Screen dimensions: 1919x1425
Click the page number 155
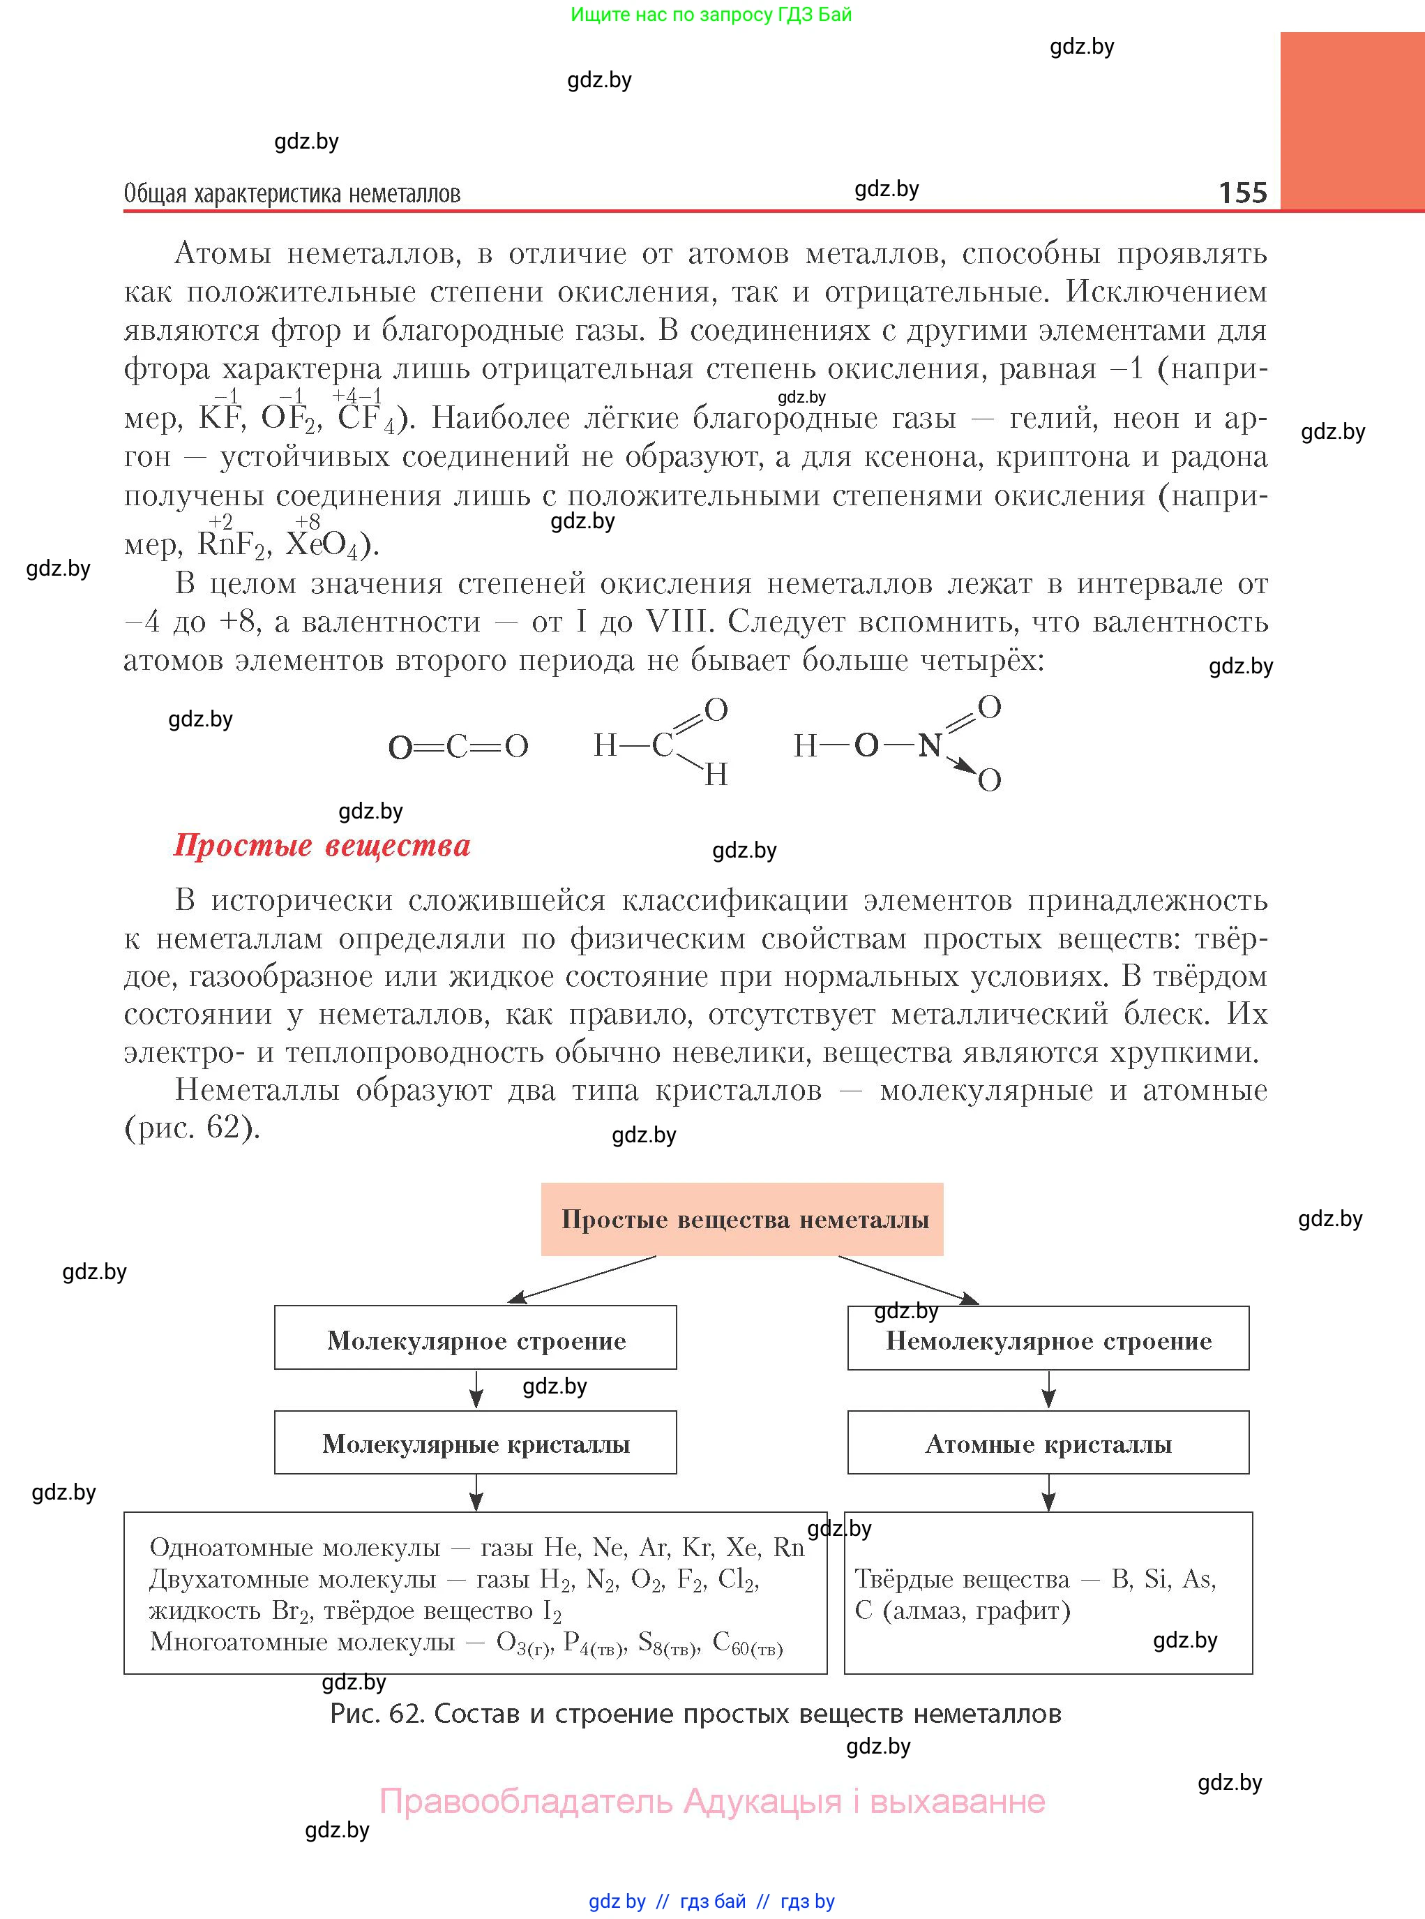coord(1242,192)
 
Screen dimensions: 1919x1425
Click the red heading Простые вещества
coord(322,845)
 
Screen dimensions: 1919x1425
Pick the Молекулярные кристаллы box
coord(475,1444)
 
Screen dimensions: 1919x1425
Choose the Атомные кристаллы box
coord(1048,1444)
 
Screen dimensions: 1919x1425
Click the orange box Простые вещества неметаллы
coord(742,1219)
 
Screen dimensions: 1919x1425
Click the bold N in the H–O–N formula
coord(929,745)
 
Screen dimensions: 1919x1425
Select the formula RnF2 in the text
coord(230,544)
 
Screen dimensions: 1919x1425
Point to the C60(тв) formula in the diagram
coord(747,1643)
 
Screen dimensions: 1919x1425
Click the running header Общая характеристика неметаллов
coord(292,193)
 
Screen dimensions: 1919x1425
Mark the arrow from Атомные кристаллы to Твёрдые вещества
coord(1048,1492)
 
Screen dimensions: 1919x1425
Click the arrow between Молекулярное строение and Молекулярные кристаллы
coord(475,1389)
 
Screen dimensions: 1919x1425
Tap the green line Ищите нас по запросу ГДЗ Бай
coord(711,15)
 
